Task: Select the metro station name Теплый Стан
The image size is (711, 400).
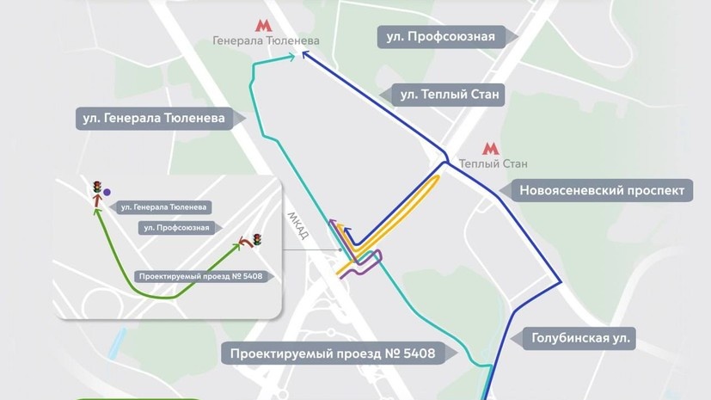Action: tap(493, 164)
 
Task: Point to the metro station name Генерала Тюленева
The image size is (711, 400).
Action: tap(267, 41)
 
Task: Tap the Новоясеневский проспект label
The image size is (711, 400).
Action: tap(610, 190)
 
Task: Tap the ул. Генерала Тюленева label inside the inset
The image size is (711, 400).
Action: tap(163, 207)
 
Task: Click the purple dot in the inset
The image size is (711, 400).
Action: tap(107, 193)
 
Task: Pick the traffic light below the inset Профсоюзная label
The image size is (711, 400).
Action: tap(257, 238)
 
